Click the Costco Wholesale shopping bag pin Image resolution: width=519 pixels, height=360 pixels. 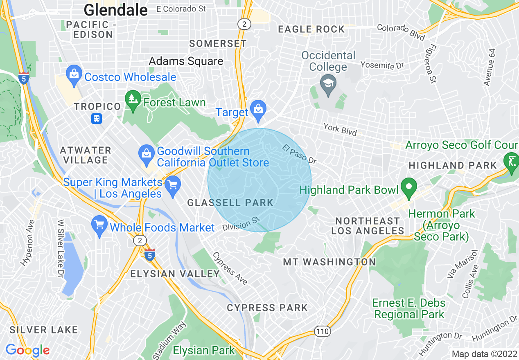click(x=74, y=75)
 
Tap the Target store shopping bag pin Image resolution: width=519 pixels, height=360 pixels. click(x=258, y=110)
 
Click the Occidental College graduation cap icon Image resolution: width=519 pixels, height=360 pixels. click(x=328, y=84)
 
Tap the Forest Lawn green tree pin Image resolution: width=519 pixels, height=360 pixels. click(x=133, y=100)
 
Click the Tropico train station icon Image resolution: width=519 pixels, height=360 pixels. click(x=97, y=119)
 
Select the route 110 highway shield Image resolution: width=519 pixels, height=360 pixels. click(x=323, y=331)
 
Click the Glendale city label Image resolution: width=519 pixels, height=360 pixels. click(x=115, y=10)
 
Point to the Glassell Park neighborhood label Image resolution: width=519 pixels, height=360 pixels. click(x=230, y=202)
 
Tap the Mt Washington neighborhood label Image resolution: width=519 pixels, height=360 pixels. click(x=329, y=262)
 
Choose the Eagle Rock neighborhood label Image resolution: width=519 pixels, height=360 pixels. click(x=311, y=29)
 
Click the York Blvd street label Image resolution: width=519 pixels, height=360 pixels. click(x=340, y=129)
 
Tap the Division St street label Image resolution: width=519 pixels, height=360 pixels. click(x=241, y=224)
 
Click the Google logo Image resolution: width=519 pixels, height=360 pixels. click(x=27, y=350)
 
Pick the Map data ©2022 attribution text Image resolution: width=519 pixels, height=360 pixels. click(x=484, y=354)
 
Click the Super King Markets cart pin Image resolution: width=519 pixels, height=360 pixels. click(x=173, y=186)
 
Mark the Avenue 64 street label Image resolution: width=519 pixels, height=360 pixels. click(x=489, y=67)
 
